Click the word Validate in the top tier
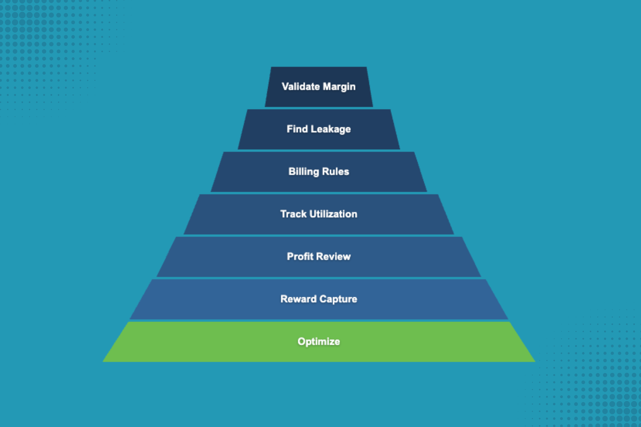coord(301,86)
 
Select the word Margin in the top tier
coord(339,87)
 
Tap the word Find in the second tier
coord(297,129)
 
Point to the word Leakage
coord(330,129)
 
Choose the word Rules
coord(336,171)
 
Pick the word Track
coord(293,214)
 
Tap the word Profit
coord(300,256)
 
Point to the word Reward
coord(298,299)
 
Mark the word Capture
coord(338,299)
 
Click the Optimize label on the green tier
coord(319,341)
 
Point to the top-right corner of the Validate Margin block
coord(366,68)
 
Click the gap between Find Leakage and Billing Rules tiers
coord(319,151)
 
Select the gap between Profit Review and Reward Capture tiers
coord(319,278)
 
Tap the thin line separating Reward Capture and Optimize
coord(319,321)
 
